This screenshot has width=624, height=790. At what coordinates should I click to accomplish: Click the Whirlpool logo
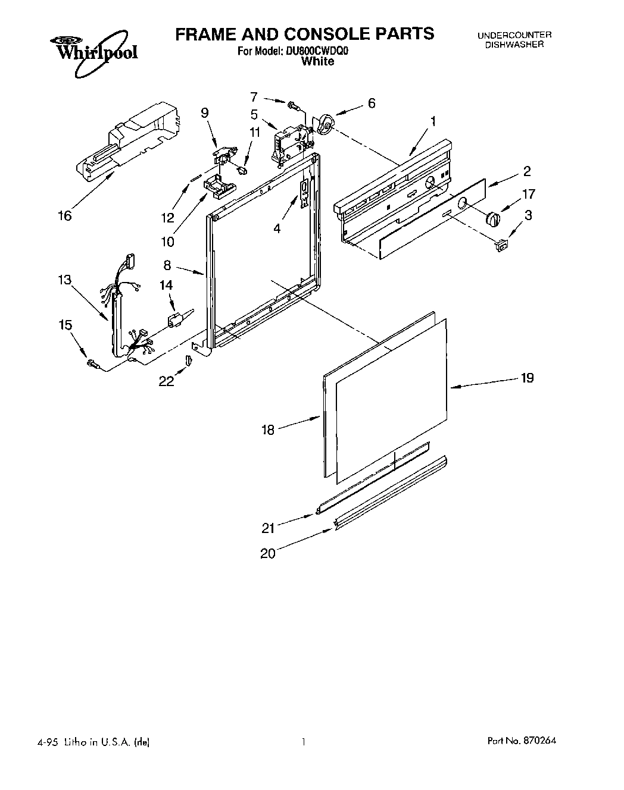pos(93,52)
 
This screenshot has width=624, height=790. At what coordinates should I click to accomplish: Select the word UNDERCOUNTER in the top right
pos(514,36)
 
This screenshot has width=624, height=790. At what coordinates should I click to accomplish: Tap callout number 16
pos(64,215)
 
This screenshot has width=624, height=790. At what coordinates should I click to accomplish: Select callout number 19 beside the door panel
pos(527,378)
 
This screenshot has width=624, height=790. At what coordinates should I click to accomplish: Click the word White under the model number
pos(317,61)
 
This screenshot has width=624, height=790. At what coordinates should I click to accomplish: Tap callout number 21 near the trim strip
pos(268,526)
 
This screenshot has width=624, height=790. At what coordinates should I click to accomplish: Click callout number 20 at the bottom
pos(268,553)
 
